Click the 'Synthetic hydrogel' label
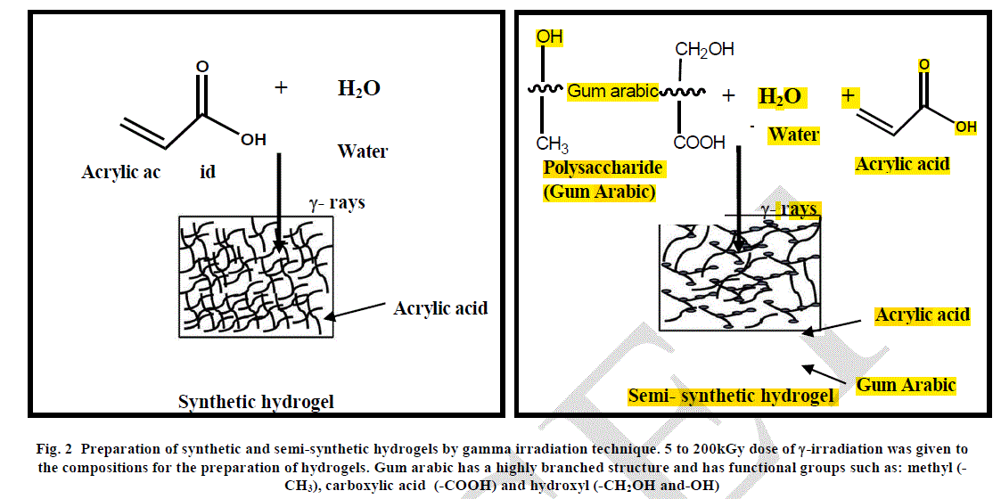click(256, 402)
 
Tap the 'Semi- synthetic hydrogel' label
click(733, 396)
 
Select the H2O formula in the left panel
click(358, 88)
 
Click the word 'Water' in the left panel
click(362, 151)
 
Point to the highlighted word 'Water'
click(793, 135)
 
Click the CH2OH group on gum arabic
click(704, 50)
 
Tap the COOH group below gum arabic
click(699, 143)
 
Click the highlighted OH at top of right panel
click(549, 37)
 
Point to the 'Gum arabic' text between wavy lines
click(612, 91)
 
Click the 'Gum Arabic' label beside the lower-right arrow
click(906, 385)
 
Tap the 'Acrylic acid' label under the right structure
click(902, 164)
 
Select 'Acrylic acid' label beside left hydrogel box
click(440, 308)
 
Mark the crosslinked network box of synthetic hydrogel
click(256, 276)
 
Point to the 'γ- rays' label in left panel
click(336, 202)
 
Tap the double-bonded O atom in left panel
click(202, 66)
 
